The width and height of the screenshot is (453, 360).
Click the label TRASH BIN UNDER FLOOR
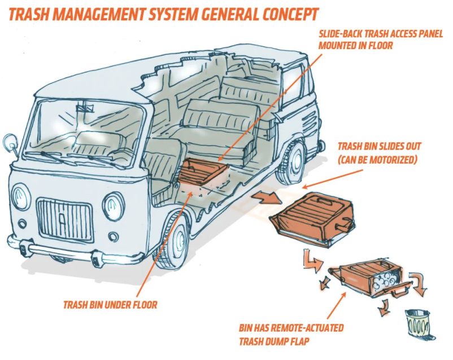click(x=110, y=305)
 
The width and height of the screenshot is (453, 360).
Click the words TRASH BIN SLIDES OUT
click(x=379, y=147)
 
